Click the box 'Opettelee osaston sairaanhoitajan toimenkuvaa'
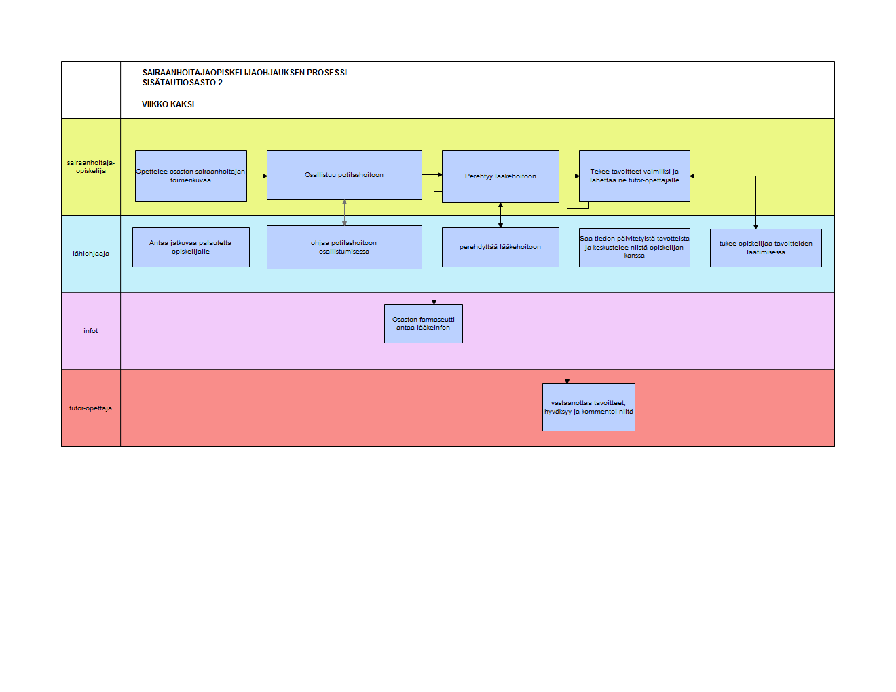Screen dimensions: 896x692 click(191, 176)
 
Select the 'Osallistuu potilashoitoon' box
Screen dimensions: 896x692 click(344, 175)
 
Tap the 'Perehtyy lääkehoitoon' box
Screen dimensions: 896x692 click(500, 176)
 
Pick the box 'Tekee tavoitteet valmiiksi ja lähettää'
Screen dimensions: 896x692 click(634, 176)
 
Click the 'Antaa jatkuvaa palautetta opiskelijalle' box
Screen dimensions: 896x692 click(191, 248)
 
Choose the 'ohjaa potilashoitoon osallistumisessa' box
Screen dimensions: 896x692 click(344, 248)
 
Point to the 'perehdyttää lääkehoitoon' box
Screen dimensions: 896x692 click(500, 248)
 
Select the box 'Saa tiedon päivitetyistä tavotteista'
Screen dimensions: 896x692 click(634, 248)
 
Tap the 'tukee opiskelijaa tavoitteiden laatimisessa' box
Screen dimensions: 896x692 click(766, 248)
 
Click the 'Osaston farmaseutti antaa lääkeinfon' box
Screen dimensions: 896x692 click(424, 324)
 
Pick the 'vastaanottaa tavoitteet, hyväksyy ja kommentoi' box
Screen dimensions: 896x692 click(589, 407)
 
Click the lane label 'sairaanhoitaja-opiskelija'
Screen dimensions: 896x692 click(91, 167)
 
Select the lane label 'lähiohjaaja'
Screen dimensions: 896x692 click(91, 254)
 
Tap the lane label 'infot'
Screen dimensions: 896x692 click(91, 331)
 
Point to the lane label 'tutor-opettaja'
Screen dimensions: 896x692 click(91, 408)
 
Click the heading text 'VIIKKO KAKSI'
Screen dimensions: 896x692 click(168, 104)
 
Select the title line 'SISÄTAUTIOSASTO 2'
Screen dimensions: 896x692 click(182, 83)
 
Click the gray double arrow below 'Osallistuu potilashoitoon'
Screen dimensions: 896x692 click(344, 212)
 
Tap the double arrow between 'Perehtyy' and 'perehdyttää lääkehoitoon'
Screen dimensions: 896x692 click(500, 215)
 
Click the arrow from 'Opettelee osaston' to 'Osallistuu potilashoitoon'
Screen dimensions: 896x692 click(257, 176)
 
